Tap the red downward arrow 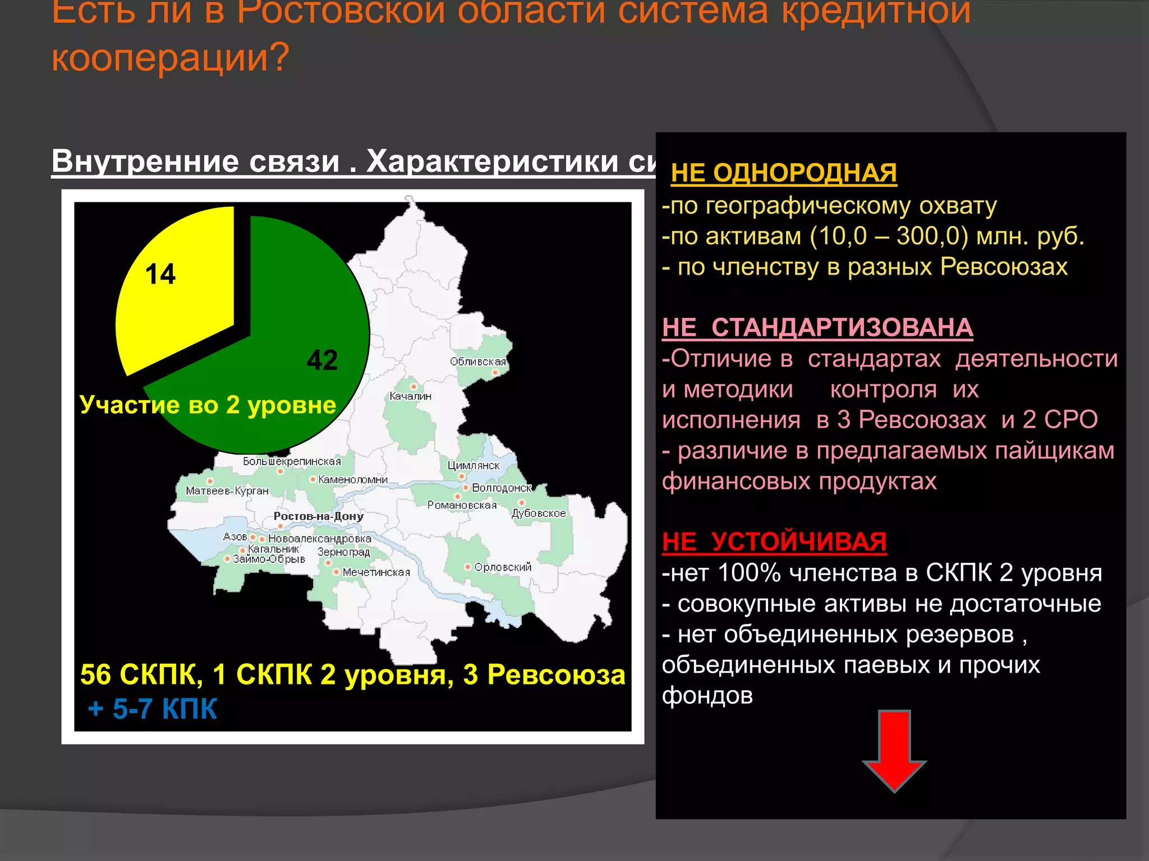(894, 751)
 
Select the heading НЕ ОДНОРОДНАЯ (784, 173)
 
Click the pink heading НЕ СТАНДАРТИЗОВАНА (817, 327)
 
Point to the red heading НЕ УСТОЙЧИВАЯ (774, 542)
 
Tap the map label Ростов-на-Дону (318, 516)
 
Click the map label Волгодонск (502, 488)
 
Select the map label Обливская (477, 362)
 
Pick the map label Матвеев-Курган (227, 491)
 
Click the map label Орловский (503, 567)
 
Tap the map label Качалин (410, 396)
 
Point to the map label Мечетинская (376, 572)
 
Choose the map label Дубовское (539, 513)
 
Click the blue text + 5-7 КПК (152, 709)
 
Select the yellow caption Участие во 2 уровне (208, 405)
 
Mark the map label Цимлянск (473, 466)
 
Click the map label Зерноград (343, 552)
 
